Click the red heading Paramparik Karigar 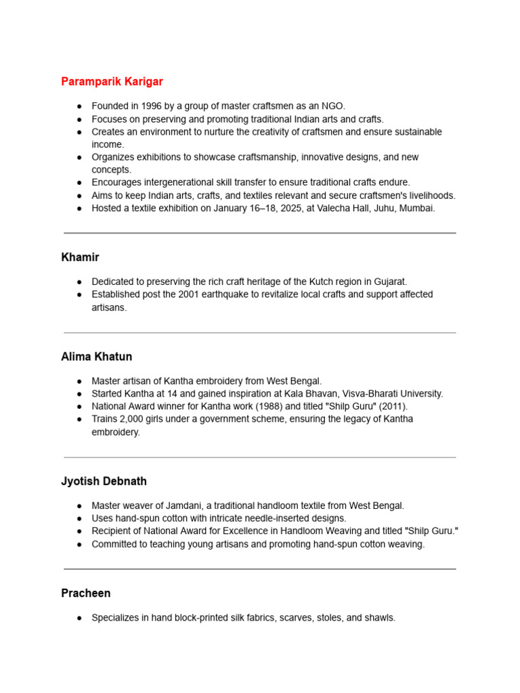pyautogui.click(x=112, y=82)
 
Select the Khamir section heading pyautogui.click(x=80, y=257)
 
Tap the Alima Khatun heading pyautogui.click(x=96, y=357)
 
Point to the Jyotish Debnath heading pyautogui.click(x=104, y=481)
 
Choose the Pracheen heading pyautogui.click(x=86, y=593)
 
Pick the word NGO pyautogui.click(x=333, y=106)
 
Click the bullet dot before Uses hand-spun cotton pyautogui.click(x=80, y=518)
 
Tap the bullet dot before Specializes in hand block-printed pyautogui.click(x=80, y=618)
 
